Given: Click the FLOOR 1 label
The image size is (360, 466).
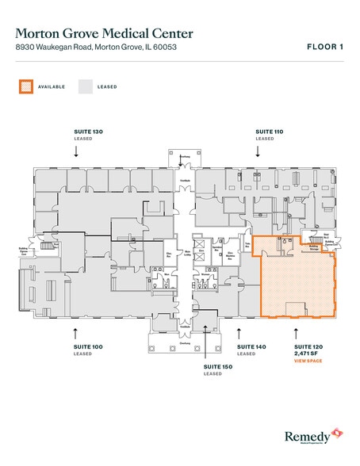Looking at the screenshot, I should [325, 47].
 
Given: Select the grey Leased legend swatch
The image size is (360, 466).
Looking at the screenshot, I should [86, 86].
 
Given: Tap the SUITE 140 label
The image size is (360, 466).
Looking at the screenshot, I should [246, 347].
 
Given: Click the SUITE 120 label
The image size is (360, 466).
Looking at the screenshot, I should [307, 347].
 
